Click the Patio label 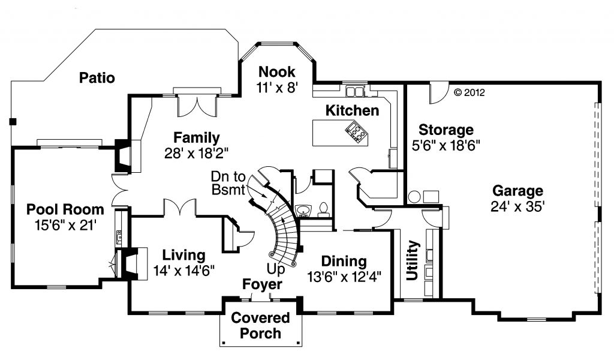coord(97,77)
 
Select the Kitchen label coord(352,110)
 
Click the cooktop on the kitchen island coord(354,131)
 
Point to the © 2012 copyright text coord(468,92)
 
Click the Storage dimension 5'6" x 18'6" coord(446,145)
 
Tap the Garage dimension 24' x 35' coord(517,206)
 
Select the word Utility coord(412,260)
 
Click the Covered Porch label coord(260,325)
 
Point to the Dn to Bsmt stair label coord(228,183)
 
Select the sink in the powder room coord(303,210)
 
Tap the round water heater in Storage coord(414,197)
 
